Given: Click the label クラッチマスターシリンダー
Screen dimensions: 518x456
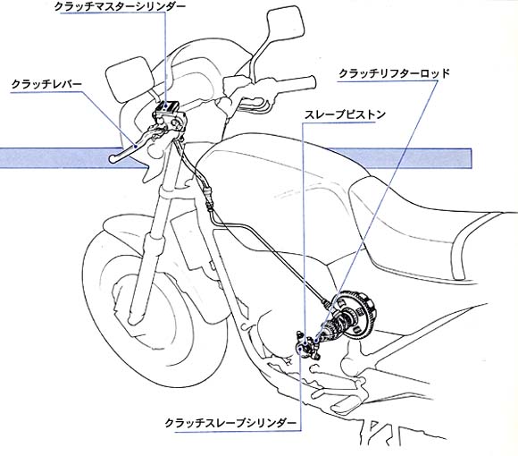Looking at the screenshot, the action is (120, 7).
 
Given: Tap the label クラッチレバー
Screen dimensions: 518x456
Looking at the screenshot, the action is (46, 84).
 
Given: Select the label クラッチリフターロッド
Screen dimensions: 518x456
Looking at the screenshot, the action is (394, 73).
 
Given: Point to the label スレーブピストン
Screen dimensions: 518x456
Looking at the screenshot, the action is (345, 114).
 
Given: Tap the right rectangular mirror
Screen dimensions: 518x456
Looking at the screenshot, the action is (285, 23).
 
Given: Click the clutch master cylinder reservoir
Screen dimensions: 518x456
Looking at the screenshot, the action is (167, 106).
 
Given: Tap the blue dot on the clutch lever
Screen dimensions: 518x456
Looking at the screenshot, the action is (136, 146).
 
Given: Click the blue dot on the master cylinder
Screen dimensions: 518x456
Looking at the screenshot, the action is (166, 106).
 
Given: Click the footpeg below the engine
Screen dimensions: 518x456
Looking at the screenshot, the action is (347, 402).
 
